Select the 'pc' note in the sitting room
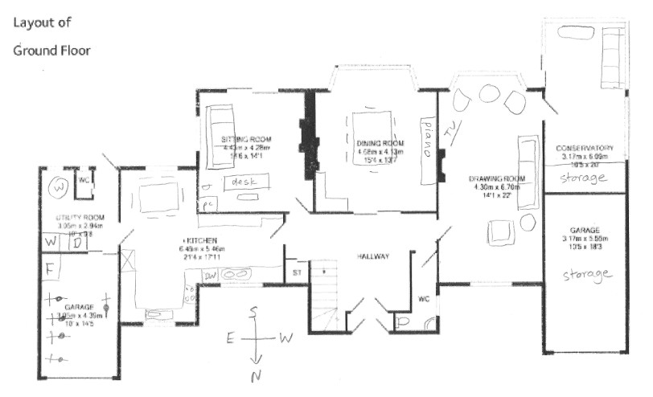pyautogui.click(x=209, y=203)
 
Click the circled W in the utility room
pyautogui.click(x=58, y=188)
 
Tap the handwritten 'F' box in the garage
pyautogui.click(x=49, y=268)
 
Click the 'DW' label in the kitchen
pyautogui.click(x=211, y=274)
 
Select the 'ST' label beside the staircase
pyautogui.click(x=297, y=273)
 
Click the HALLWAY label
pyautogui.click(x=373, y=257)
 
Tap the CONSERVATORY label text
pyautogui.click(x=585, y=149)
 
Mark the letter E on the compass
pyautogui.click(x=229, y=339)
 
